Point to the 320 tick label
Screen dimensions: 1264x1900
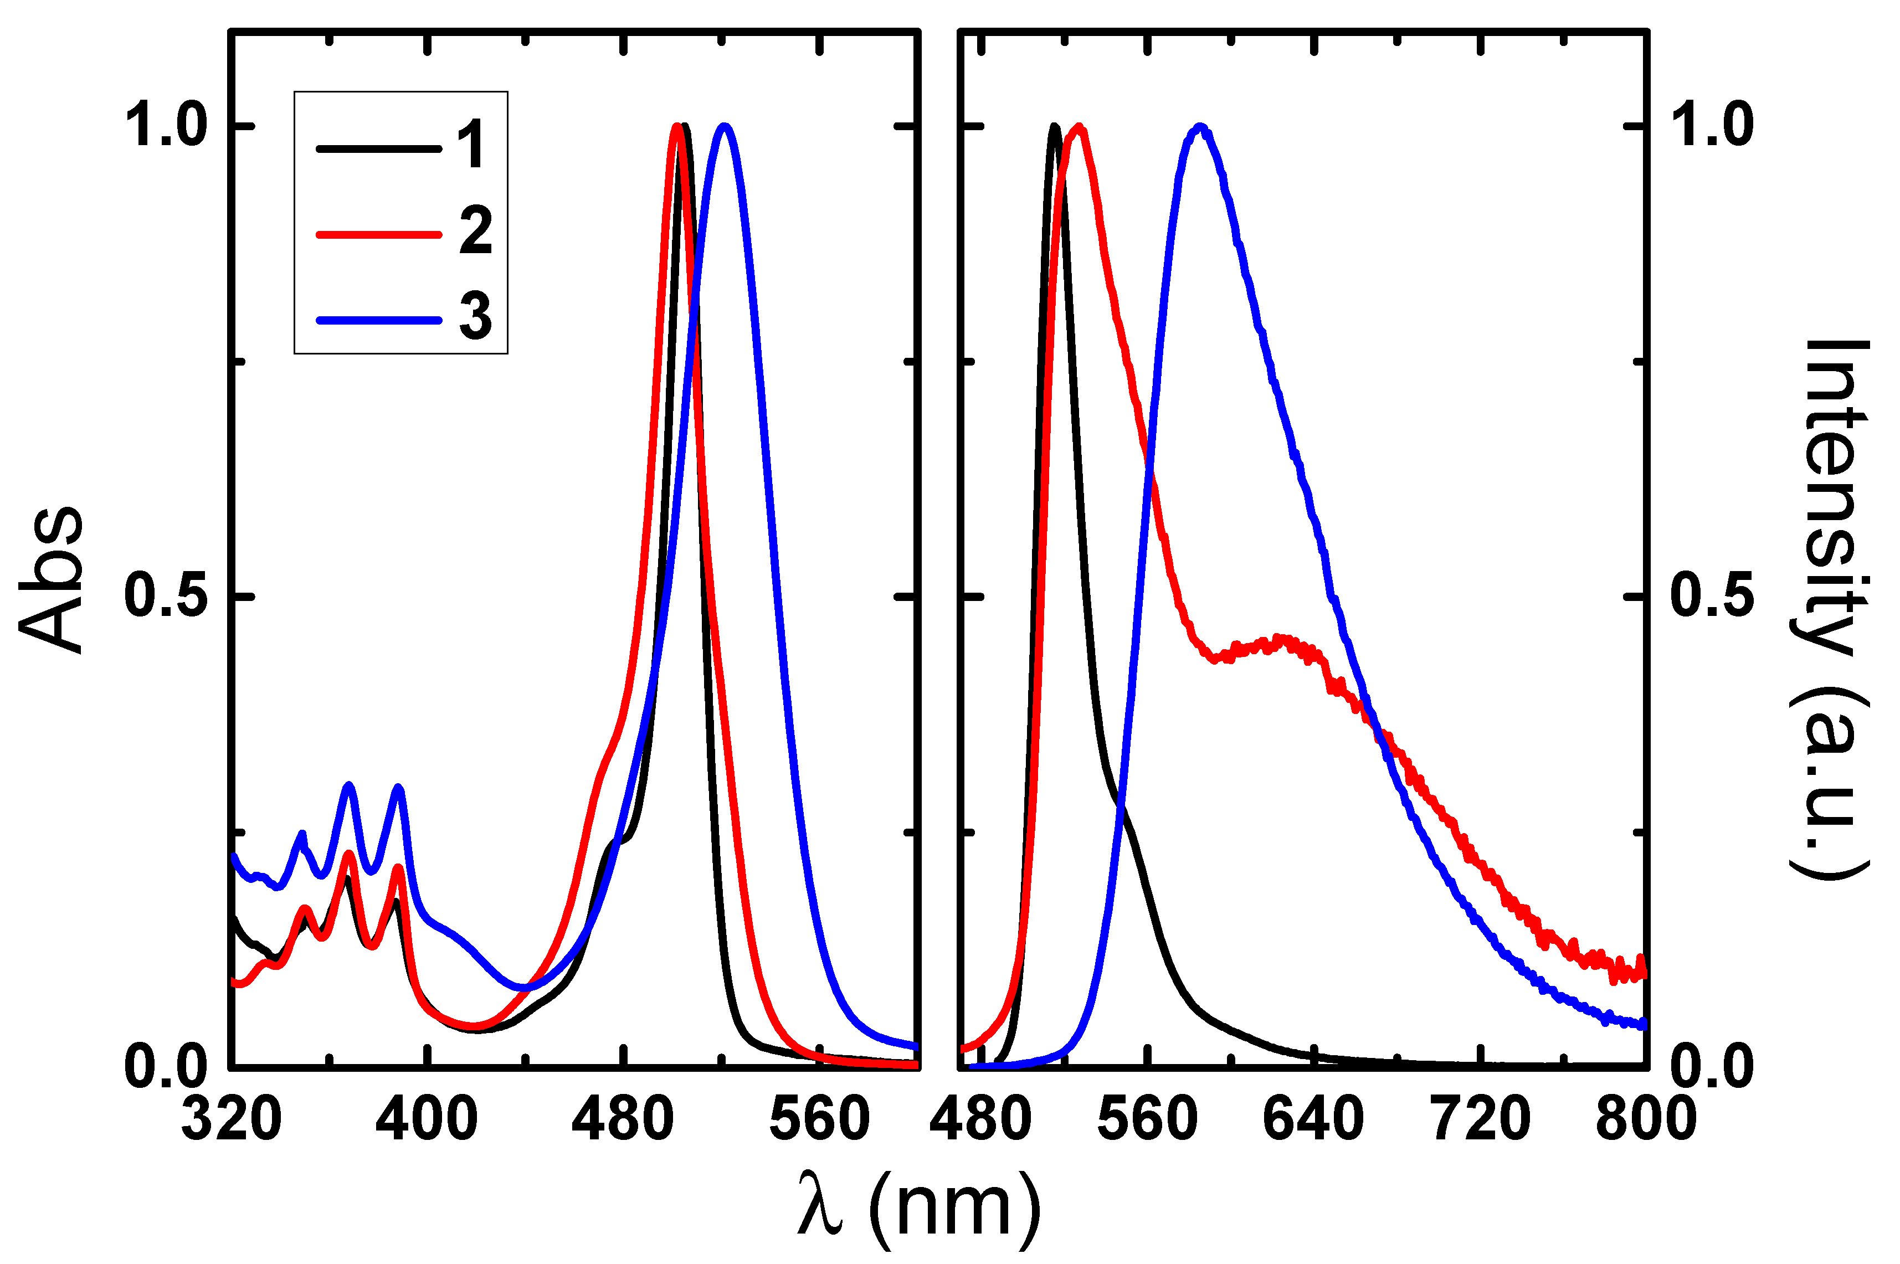pyautogui.click(x=232, y=1121)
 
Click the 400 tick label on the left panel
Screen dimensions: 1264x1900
pyautogui.click(x=427, y=1121)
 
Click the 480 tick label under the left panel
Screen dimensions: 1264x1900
pyautogui.click(x=622, y=1121)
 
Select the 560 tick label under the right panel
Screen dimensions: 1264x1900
pyautogui.click(x=1146, y=1121)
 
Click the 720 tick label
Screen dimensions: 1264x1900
pyautogui.click(x=1480, y=1121)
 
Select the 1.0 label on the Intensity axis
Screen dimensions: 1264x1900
pyautogui.click(x=1712, y=126)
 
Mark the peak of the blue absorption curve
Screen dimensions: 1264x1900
pyautogui.click(x=724, y=126)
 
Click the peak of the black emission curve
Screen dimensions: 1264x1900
pyautogui.click(x=1054, y=126)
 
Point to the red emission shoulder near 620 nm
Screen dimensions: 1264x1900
pyautogui.click(x=1282, y=641)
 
